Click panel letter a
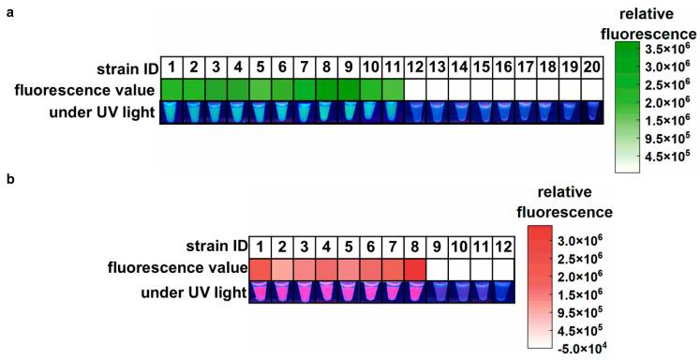[8, 12]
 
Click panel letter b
[8, 177]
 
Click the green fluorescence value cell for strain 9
[349, 89]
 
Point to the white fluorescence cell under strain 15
[481, 89]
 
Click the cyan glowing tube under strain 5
[261, 112]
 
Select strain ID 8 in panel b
[414, 246]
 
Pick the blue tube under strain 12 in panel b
[503, 292]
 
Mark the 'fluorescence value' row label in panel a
[84, 90]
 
